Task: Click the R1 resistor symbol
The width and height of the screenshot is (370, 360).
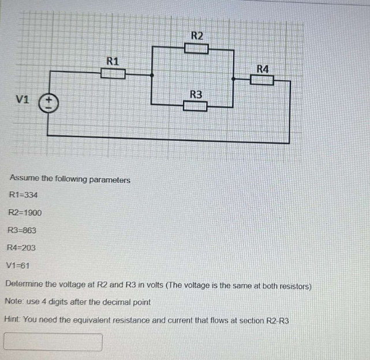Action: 113,73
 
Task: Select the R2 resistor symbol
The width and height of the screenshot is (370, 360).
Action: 196,48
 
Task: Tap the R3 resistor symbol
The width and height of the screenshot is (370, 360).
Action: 195,106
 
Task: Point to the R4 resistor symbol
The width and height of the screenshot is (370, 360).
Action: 261,80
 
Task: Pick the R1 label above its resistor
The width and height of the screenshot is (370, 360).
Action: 113,60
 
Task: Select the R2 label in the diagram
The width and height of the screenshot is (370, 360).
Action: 197,36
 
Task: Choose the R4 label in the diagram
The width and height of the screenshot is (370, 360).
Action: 262,69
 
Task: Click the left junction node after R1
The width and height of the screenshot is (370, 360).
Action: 152,74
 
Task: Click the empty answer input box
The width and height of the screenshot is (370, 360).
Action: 53,342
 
